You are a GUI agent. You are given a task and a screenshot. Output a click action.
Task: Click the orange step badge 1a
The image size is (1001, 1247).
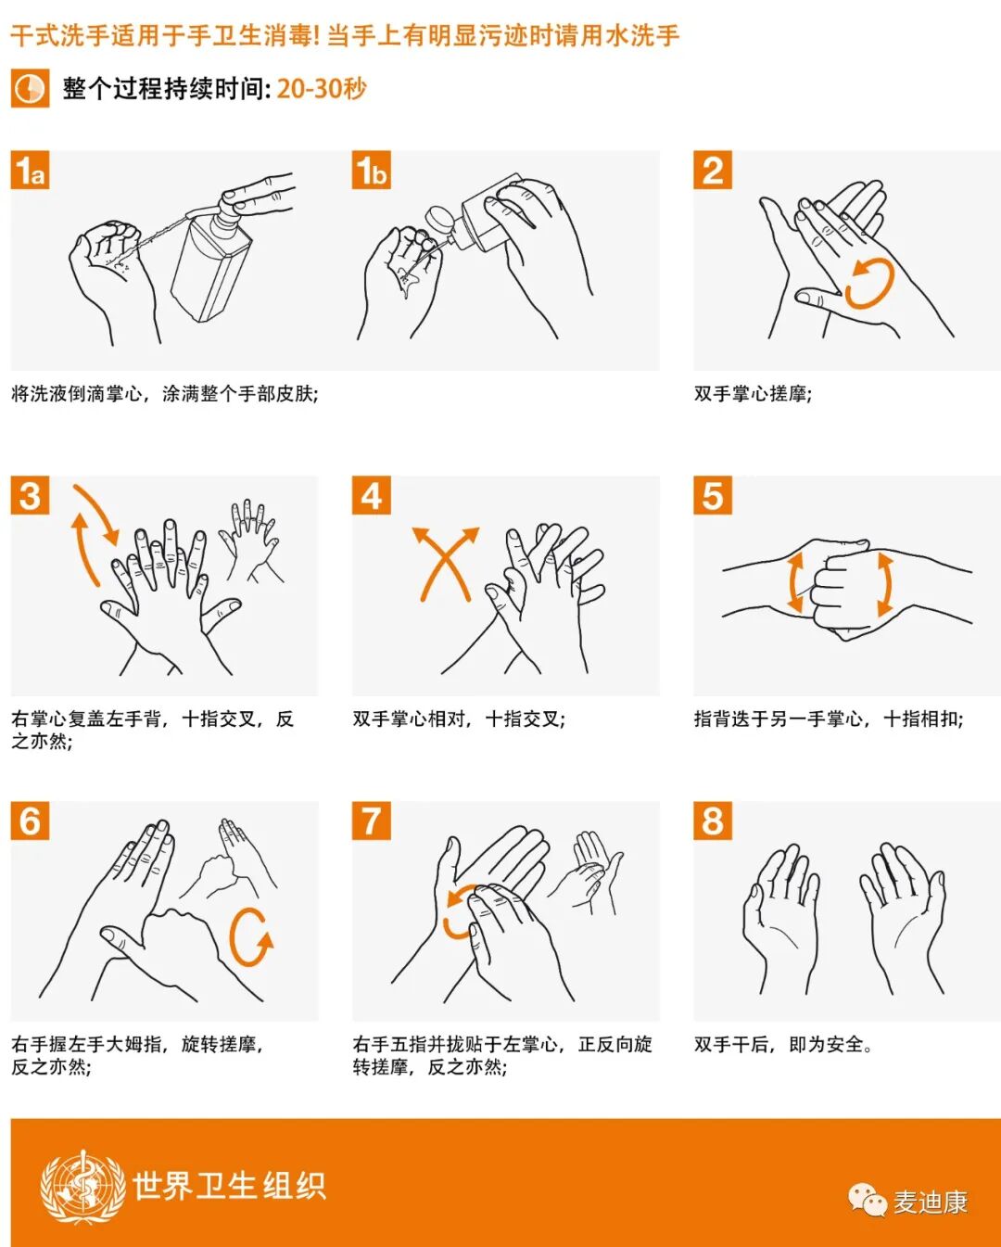pyautogui.click(x=30, y=170)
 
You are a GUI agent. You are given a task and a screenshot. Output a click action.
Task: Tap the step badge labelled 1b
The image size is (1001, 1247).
pyautogui.click(x=372, y=170)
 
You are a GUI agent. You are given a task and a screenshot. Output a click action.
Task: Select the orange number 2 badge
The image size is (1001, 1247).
pyautogui.click(x=713, y=170)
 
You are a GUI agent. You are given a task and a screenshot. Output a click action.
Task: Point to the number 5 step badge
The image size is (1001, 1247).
pyautogui.click(x=713, y=495)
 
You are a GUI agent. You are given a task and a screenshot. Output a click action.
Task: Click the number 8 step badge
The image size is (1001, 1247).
pyautogui.click(x=713, y=821)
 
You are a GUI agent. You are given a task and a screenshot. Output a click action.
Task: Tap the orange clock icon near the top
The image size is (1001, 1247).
pyautogui.click(x=30, y=88)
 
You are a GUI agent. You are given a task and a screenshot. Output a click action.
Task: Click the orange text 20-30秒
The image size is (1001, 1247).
pyautogui.click(x=322, y=88)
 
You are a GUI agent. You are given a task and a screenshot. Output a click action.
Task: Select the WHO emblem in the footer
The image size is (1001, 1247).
pyautogui.click(x=82, y=1187)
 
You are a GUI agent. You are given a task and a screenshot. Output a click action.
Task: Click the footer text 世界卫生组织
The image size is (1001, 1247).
pyautogui.click(x=230, y=1186)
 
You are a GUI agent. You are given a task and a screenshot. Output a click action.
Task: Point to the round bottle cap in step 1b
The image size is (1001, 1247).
pyautogui.click(x=439, y=221)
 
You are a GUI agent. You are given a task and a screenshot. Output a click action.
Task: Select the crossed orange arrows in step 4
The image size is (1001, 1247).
pyautogui.click(x=445, y=563)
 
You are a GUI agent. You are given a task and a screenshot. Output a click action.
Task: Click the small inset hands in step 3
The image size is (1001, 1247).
pyautogui.click(x=250, y=540)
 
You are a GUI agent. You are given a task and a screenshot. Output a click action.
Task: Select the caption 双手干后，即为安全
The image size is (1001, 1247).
pyautogui.click(x=782, y=1045)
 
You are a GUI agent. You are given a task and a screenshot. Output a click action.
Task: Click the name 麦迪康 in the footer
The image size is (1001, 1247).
pyautogui.click(x=931, y=1202)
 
